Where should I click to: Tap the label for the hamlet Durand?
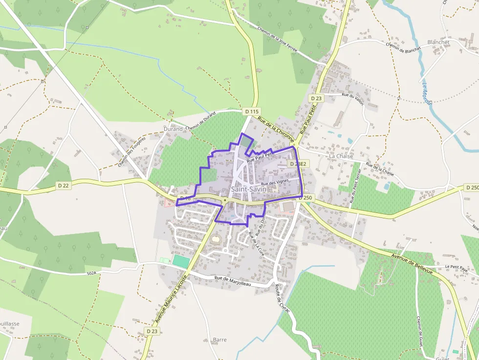(173, 129)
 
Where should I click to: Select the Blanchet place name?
(438, 42)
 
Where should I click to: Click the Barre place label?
(220, 339)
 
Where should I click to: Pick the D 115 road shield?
(252, 111)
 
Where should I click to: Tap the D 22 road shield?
(64, 185)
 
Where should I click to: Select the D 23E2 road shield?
(298, 164)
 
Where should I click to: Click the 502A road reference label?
(91, 274)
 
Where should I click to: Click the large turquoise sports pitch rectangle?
(181, 261)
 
